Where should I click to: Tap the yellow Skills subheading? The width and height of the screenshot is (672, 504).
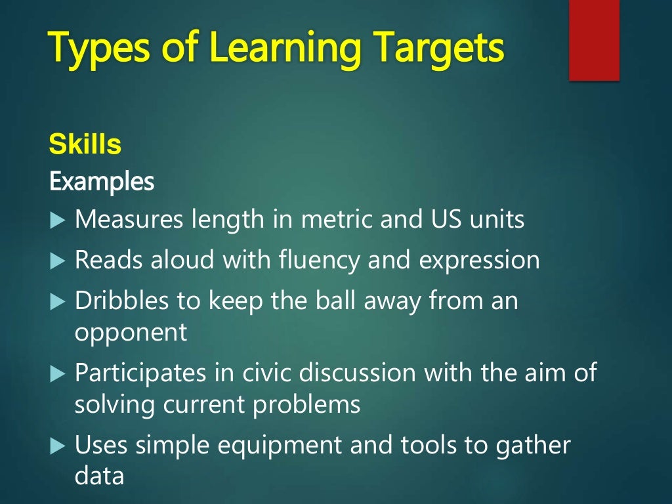pos(85,145)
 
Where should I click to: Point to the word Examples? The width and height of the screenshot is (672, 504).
pos(102,181)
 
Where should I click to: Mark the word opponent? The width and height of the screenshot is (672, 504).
pos(131,333)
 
